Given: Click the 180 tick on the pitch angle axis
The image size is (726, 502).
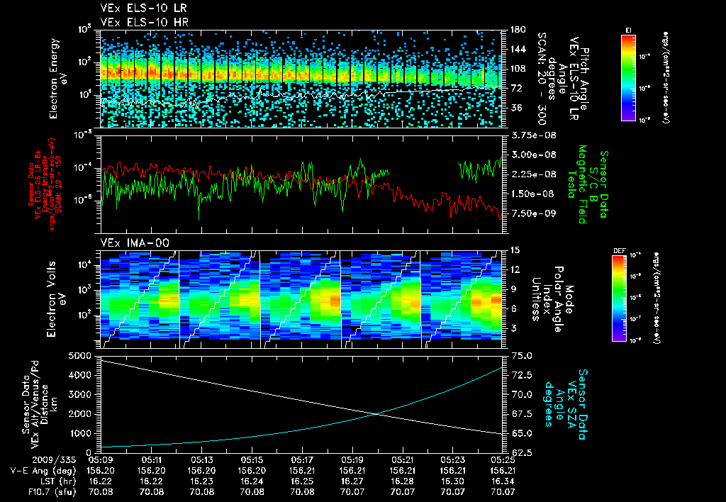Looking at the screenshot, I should click(518, 30).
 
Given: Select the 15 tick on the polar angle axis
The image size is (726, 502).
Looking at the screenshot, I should click(515, 250).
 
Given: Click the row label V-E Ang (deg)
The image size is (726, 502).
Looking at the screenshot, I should click(37, 470).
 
